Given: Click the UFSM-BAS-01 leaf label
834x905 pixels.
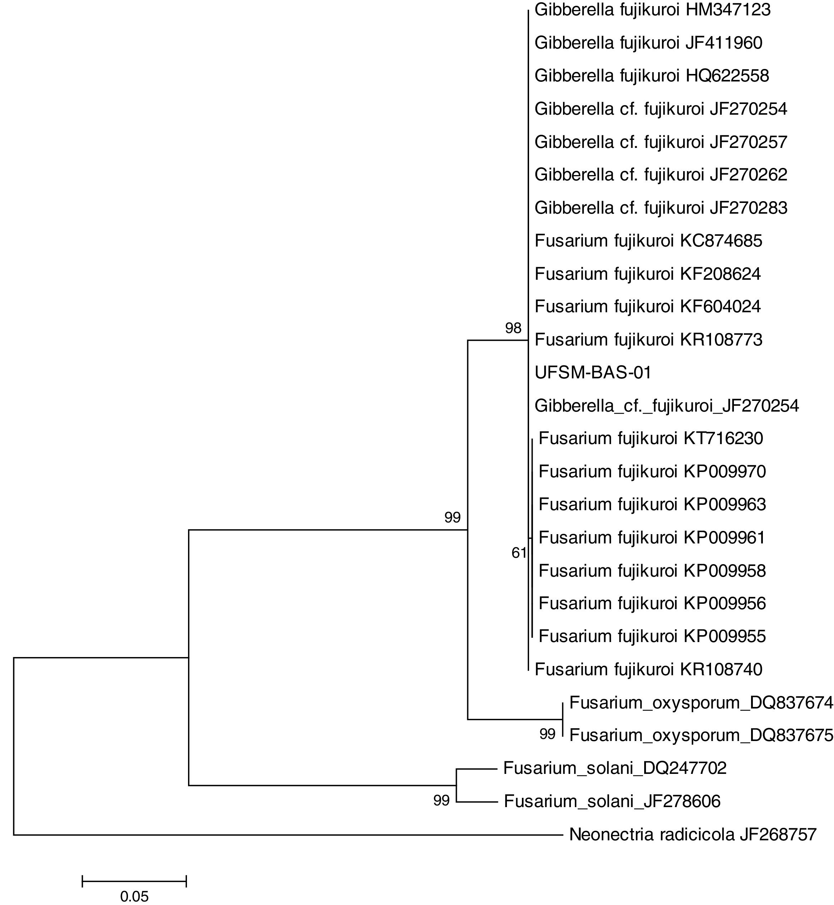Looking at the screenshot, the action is click(x=593, y=373).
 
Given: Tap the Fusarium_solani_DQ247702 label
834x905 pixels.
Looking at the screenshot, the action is click(x=615, y=768).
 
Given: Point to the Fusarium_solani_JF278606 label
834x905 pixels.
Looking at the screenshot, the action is click(x=612, y=801).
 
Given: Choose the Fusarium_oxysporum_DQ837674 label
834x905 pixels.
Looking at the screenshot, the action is click(x=701, y=702).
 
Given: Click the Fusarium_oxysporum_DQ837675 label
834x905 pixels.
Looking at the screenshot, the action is click(x=701, y=735).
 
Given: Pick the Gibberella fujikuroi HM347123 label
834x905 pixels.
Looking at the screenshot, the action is click(x=652, y=10).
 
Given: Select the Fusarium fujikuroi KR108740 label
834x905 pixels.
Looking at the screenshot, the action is click(x=648, y=669).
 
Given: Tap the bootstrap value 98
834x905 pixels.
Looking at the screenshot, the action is click(x=513, y=328).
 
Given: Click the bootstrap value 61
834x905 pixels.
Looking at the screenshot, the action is click(x=519, y=553).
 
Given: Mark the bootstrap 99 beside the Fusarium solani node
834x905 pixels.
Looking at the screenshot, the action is click(x=441, y=800).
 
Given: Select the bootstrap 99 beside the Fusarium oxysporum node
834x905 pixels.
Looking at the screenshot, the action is click(x=547, y=734).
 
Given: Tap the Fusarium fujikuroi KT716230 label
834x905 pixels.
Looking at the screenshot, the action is click(x=651, y=438).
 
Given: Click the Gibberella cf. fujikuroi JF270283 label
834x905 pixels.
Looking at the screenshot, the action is click(x=661, y=208).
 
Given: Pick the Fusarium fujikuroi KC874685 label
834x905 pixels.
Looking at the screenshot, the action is click(x=648, y=240).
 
